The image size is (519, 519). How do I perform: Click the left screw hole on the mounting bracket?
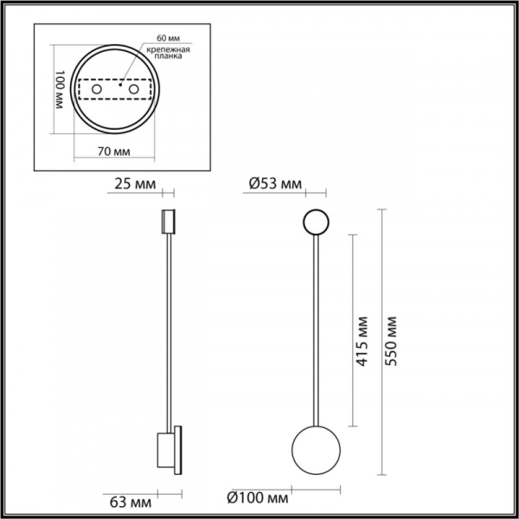pyautogui.click(x=97, y=90)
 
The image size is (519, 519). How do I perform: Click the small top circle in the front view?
pyautogui.click(x=314, y=223)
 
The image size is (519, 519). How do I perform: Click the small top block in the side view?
pyautogui.click(x=168, y=221)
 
